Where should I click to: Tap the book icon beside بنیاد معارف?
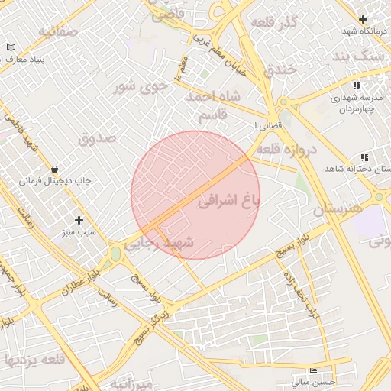click(x=10, y=47)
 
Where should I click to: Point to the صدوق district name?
click(x=97, y=138)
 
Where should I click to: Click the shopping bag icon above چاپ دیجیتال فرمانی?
click(x=54, y=169)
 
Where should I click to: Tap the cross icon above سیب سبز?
click(x=79, y=220)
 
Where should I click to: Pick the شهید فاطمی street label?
click(x=21, y=133)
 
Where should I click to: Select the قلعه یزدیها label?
click(x=32, y=359)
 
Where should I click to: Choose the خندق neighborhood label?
click(x=278, y=70)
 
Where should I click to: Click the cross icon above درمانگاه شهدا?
click(x=363, y=19)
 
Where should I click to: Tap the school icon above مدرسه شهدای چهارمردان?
click(x=356, y=86)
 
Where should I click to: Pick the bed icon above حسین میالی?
click(x=312, y=370)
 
